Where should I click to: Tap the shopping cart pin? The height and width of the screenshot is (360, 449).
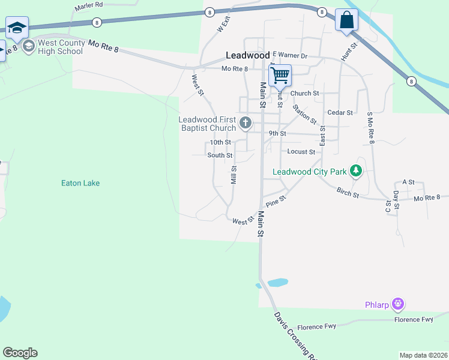(280, 76)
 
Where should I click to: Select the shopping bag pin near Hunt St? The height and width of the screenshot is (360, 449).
(346, 20)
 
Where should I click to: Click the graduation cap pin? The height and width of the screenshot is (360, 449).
(17, 27)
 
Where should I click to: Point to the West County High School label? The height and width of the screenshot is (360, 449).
(60, 47)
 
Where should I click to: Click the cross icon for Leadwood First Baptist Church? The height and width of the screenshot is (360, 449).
(245, 124)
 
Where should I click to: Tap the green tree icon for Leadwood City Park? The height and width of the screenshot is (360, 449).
(356, 171)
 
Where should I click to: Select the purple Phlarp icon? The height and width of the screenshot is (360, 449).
(397, 305)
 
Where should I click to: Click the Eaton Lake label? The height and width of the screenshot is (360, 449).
(80, 183)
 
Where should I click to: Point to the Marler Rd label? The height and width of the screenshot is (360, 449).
(89, 5)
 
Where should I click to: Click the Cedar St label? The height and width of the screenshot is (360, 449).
(340, 112)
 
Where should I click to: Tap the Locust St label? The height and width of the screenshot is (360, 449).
(301, 152)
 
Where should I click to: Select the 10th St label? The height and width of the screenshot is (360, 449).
(220, 143)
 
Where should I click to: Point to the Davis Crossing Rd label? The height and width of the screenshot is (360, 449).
(295, 336)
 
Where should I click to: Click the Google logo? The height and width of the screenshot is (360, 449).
(20, 353)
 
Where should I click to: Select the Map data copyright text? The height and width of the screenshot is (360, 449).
(423, 355)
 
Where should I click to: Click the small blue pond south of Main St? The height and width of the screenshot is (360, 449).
(277, 282)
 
